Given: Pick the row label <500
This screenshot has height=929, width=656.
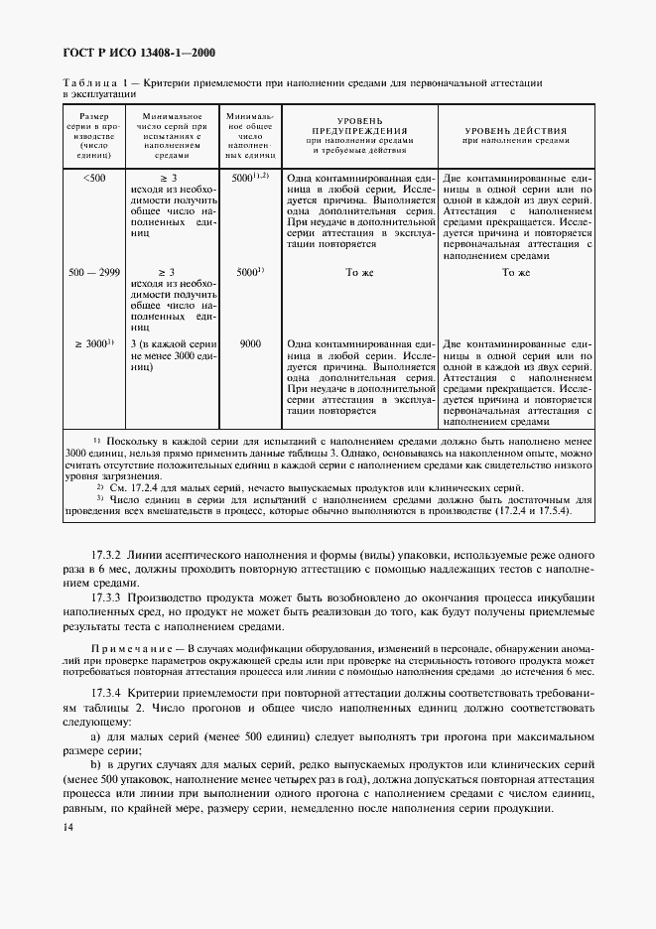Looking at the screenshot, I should pyautogui.click(x=95, y=178).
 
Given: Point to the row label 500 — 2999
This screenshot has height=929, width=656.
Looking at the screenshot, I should pyautogui.click(x=95, y=272).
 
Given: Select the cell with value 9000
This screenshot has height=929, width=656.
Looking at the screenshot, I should pyautogui.click(x=250, y=343).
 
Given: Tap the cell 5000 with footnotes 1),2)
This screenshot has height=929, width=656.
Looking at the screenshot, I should pyautogui.click(x=250, y=178).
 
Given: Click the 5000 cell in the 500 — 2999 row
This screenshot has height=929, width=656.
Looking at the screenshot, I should pyautogui.click(x=250, y=272).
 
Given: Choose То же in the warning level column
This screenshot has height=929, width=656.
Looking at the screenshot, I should pyautogui.click(x=359, y=272).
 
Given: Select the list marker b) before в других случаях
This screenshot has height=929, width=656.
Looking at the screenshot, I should pyautogui.click(x=96, y=768).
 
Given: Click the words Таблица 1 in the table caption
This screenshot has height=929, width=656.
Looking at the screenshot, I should pyautogui.click(x=94, y=83).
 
